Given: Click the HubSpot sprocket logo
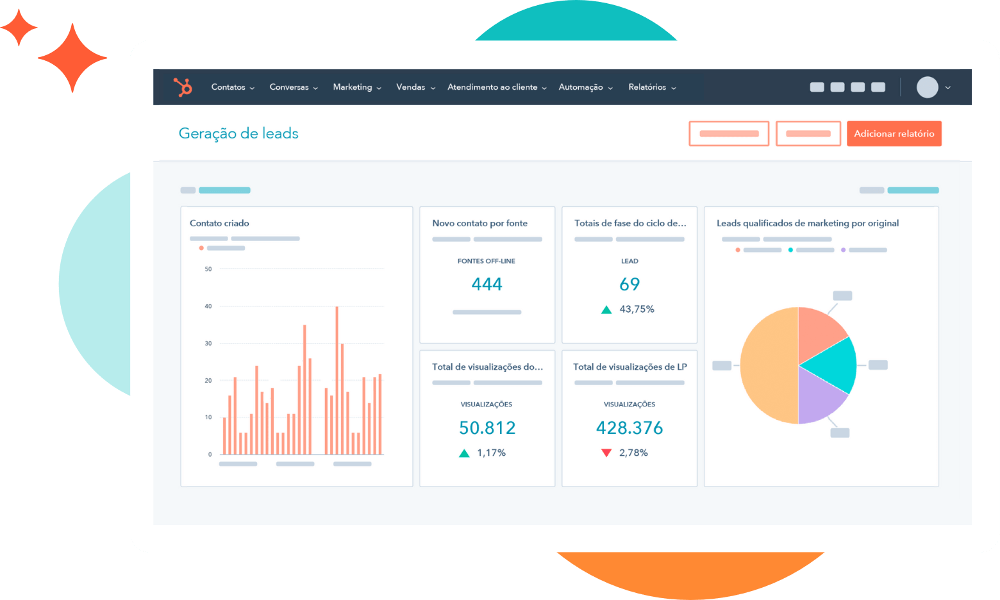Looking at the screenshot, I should pos(183,87).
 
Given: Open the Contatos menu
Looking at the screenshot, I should pos(232,87).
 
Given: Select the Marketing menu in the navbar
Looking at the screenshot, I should pos(356,87).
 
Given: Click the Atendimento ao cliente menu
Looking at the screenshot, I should pos(496,87).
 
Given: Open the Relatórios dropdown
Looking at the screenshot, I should pos(651,87).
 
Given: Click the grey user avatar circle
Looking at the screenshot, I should pos(927,87).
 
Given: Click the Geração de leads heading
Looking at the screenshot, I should pos(238,133).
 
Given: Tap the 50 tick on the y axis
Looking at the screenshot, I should pos(208,269).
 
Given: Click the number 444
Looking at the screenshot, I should pos(487,284).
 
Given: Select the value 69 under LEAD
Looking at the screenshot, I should pos(629,284).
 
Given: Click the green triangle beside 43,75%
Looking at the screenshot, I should pos(606,310).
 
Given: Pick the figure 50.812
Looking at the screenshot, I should pos(487,428).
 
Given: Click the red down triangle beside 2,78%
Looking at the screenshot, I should pos(606,453).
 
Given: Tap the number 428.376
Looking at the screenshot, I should pos(629,428).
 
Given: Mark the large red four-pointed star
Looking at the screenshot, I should pos(72,58).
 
